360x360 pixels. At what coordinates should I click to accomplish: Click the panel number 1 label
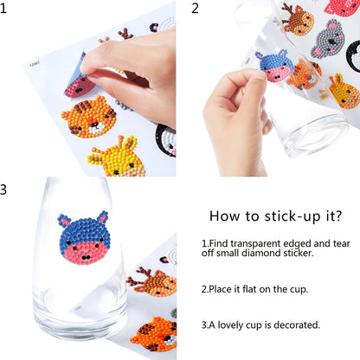click(3, 8)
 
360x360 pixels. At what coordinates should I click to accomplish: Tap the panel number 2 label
click(195, 8)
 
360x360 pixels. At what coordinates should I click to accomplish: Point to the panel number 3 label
click(3, 190)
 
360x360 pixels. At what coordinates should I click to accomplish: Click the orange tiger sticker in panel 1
click(89, 117)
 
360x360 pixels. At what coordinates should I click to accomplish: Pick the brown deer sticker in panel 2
click(297, 20)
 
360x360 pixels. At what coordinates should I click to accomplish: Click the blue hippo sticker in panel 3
click(84, 237)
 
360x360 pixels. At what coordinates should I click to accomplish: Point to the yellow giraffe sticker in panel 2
click(344, 91)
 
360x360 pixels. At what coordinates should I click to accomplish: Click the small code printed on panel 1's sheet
click(35, 65)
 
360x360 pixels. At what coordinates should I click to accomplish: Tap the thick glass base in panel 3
click(80, 318)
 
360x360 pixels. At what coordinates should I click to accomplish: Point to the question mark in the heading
click(338, 215)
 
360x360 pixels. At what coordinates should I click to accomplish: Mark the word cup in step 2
click(300, 290)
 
